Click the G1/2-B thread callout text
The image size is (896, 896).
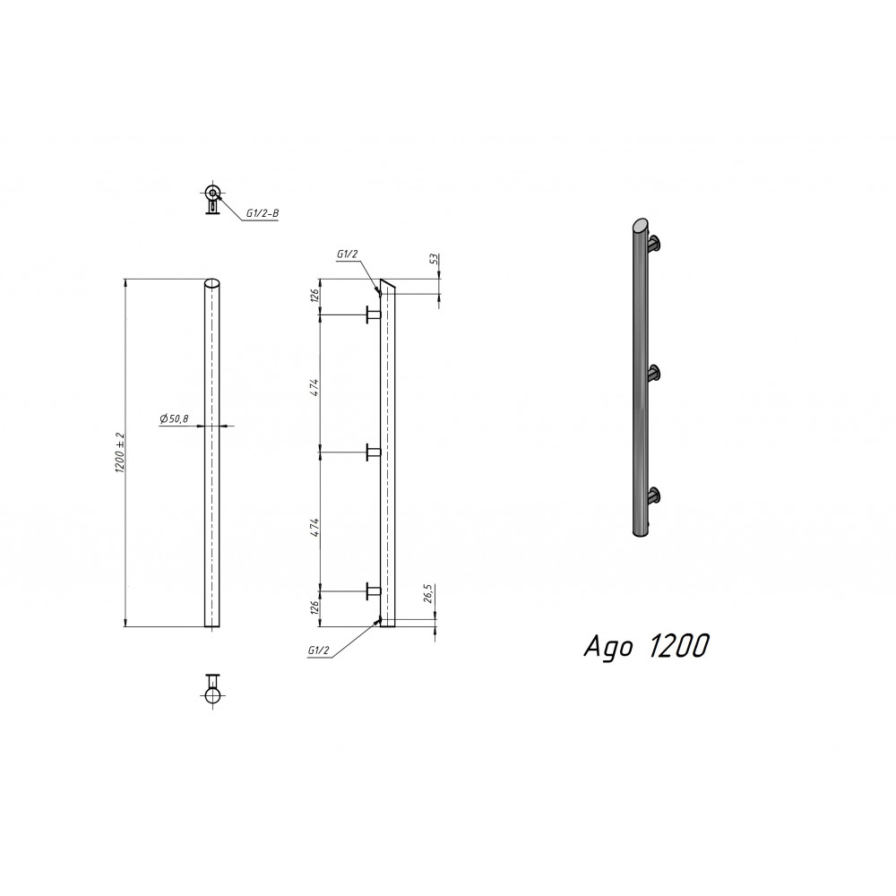click(262, 214)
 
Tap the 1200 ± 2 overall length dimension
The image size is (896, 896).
click(119, 452)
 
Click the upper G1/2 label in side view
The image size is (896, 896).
click(348, 255)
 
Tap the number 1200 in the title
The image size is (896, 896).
click(677, 646)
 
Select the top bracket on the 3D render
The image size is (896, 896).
click(656, 241)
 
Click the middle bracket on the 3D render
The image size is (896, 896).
click(656, 372)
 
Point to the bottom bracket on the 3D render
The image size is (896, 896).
click(656, 494)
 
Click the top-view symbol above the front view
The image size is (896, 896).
click(212, 197)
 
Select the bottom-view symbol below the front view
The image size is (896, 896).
click(213, 690)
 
